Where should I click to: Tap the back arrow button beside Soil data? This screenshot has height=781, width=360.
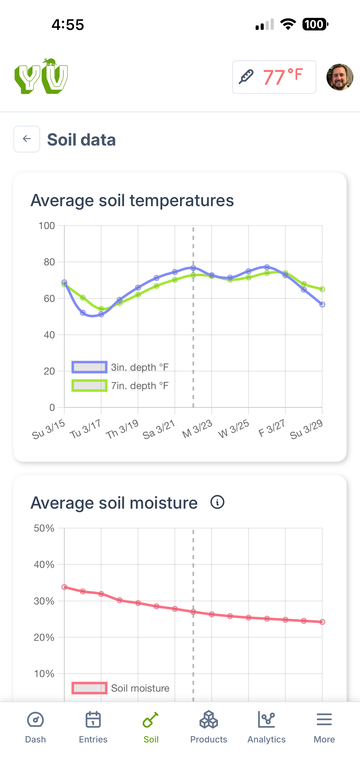click(x=27, y=139)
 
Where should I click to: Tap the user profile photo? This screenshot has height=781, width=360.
click(x=339, y=77)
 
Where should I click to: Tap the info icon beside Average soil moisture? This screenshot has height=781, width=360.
click(x=217, y=502)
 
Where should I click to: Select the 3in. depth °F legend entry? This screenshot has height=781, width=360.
click(x=120, y=367)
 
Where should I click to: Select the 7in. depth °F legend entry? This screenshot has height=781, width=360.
click(x=120, y=386)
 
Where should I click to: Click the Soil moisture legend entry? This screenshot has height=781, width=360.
click(x=120, y=688)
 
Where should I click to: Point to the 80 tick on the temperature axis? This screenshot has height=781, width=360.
click(x=49, y=262)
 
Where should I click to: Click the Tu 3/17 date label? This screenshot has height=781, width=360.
click(x=85, y=429)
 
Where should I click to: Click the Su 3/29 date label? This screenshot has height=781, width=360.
click(x=306, y=429)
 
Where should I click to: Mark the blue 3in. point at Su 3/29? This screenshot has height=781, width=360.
click(x=322, y=304)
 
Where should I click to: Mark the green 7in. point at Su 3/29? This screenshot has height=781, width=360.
click(x=322, y=289)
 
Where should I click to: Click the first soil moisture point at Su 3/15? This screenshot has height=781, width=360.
click(x=64, y=587)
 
